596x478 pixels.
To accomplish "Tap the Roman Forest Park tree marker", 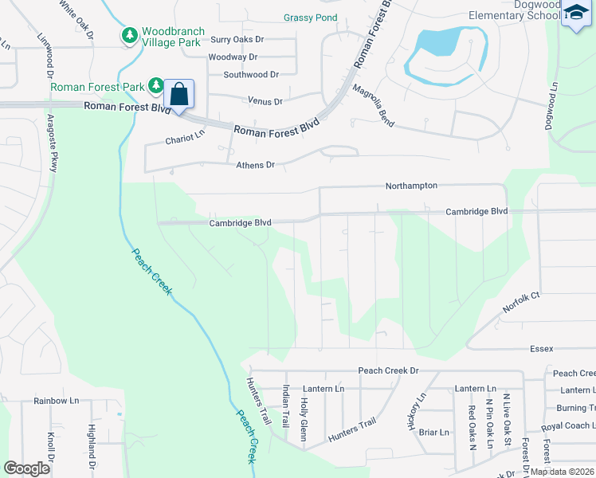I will (x=156, y=85).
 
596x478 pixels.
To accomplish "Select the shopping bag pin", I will (x=179, y=94).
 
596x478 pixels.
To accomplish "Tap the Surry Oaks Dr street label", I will (x=236, y=39).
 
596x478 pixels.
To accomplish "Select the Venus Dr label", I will (x=266, y=101).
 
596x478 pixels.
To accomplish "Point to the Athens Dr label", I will (x=255, y=165).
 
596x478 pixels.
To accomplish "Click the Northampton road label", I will (x=411, y=185).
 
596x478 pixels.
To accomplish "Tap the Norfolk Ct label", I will (x=521, y=302).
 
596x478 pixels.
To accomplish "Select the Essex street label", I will (x=541, y=349).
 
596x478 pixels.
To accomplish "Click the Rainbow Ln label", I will (x=57, y=401).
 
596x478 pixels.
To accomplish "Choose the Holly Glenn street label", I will (x=304, y=413).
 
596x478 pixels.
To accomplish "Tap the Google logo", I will (x=26, y=468).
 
